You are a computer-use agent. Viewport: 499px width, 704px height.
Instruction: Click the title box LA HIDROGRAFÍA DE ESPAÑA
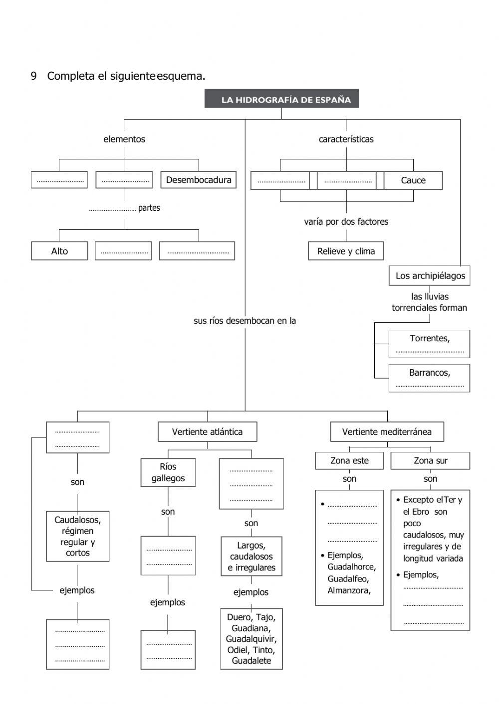point(281,99)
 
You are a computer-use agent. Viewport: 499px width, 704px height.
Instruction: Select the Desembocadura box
point(199,180)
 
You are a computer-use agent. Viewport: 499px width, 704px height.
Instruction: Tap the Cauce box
point(413,180)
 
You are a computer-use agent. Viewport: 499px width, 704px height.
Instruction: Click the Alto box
point(59,251)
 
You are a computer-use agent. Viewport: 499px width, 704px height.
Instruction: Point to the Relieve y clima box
point(346,251)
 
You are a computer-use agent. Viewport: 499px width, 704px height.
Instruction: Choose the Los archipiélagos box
point(430,276)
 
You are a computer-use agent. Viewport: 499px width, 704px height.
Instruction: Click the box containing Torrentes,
point(429,343)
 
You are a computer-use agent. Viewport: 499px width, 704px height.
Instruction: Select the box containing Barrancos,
point(429,378)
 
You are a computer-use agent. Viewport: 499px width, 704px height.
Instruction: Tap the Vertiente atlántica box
point(207,432)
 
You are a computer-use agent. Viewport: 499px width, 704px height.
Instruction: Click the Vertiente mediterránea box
point(387,432)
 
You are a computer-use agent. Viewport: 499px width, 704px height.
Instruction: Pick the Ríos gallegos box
point(168,472)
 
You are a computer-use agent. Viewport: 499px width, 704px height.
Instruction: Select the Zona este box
point(349,461)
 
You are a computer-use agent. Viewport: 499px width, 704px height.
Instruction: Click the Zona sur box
point(430,461)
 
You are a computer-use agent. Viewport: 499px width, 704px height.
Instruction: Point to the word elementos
point(124,140)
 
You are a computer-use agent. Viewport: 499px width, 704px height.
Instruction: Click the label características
point(346,140)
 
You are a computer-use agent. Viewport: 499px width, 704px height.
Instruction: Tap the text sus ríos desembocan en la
point(245,321)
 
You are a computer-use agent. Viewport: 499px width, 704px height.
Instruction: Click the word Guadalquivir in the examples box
point(251,639)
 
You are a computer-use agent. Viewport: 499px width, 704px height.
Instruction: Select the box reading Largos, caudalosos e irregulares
point(251,557)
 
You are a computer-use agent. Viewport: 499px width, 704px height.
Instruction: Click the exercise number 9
point(33,76)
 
